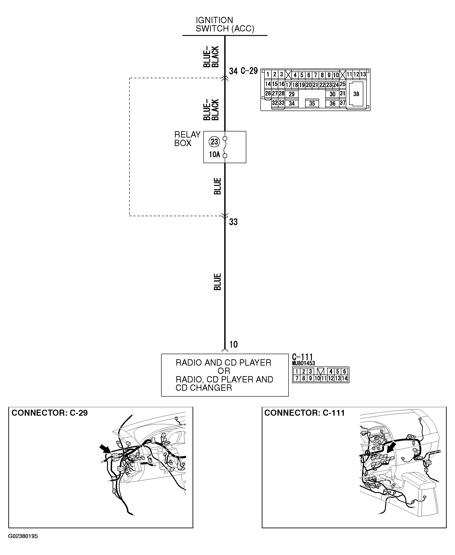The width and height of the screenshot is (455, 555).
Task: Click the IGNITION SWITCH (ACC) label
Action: coord(225,24)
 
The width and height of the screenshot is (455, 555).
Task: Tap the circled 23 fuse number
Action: coord(214,142)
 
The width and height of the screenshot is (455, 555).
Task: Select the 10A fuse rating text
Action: coord(214,155)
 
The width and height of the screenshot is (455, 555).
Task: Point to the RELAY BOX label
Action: coord(187,139)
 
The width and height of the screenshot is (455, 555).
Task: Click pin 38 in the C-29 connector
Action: coord(356,94)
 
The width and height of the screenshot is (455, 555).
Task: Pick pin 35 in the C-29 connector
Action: coord(312,104)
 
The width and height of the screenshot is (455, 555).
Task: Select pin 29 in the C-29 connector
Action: coord(291,94)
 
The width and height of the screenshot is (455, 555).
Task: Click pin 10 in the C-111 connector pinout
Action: coord(317,378)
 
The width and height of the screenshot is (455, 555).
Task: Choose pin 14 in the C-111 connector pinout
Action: coord(344,378)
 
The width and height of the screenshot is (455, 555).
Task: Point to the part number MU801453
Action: coord(303,364)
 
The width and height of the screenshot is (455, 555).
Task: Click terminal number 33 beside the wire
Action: coord(233,222)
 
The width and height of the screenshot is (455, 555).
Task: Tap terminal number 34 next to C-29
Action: coord(233,71)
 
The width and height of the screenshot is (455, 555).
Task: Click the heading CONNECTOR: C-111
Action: coord(304,413)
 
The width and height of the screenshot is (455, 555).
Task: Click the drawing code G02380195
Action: coord(23,536)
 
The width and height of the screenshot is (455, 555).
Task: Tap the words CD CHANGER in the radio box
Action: coord(204,388)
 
